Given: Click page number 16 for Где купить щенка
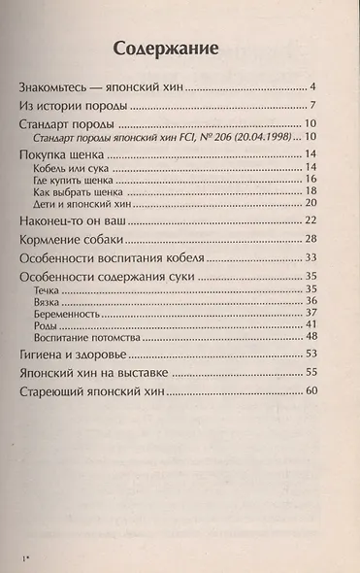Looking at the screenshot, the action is point(312,181).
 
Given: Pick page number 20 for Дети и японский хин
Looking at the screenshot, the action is point(312,204).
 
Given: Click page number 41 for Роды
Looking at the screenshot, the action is point(312,324).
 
